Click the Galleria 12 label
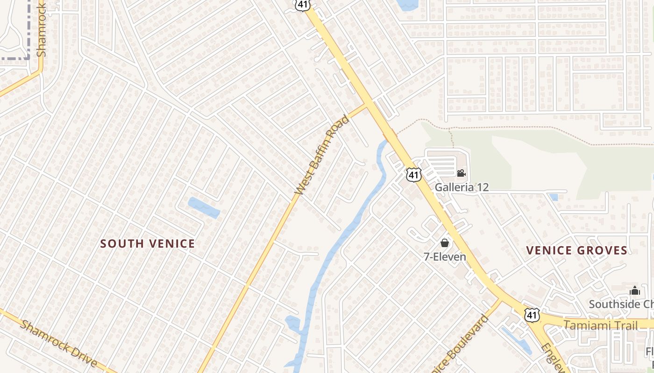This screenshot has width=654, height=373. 462,187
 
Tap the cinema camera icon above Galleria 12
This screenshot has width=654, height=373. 461,173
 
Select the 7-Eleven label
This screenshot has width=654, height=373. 445,257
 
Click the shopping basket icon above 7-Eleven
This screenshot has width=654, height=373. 445,243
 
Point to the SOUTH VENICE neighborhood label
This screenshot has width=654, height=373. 148,243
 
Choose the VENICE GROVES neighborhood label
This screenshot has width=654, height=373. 576,250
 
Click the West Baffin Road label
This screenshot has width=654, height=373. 322,155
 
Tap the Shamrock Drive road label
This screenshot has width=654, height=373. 59,344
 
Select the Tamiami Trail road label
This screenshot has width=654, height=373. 600,325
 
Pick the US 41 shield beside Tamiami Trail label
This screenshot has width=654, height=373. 532,315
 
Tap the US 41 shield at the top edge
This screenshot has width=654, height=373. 301,5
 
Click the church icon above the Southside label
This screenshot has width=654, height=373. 634,291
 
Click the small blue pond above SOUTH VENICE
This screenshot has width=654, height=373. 204,208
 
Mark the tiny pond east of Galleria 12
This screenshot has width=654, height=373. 554,197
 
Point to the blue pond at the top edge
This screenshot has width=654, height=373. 407,5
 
